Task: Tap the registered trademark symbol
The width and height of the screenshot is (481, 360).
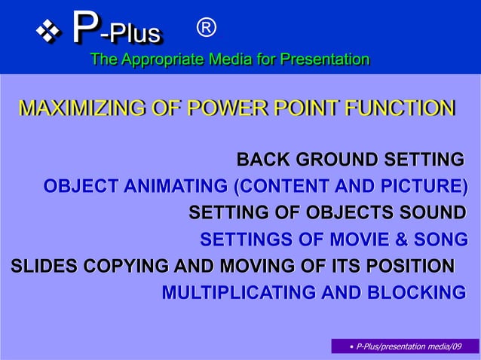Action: [206, 29]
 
